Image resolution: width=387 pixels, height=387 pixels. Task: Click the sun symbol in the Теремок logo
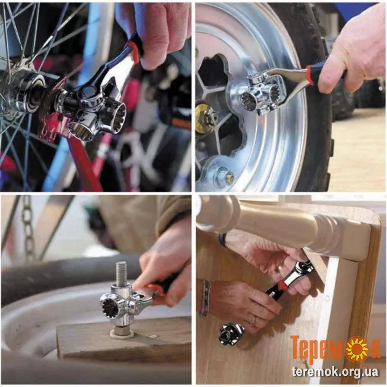(x=357, y=349)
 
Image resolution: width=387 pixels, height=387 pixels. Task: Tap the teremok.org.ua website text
(x=335, y=371)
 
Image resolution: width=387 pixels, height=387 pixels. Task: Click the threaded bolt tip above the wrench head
(x=121, y=273)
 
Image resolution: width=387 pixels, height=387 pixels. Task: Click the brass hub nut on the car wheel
(x=204, y=118)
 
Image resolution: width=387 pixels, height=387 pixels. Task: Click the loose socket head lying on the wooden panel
(x=232, y=334)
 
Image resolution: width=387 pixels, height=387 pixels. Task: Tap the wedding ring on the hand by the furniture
(x=255, y=321)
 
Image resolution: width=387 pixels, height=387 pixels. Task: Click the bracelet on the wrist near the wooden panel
(x=205, y=298)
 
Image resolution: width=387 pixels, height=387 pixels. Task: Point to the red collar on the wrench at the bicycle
(x=134, y=52)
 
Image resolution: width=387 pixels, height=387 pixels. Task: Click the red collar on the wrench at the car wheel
(x=310, y=76)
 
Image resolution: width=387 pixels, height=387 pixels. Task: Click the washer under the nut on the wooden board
(x=122, y=334)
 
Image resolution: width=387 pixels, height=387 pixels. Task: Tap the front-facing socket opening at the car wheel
(x=249, y=102)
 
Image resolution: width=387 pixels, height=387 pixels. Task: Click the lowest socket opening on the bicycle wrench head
(x=80, y=131)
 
